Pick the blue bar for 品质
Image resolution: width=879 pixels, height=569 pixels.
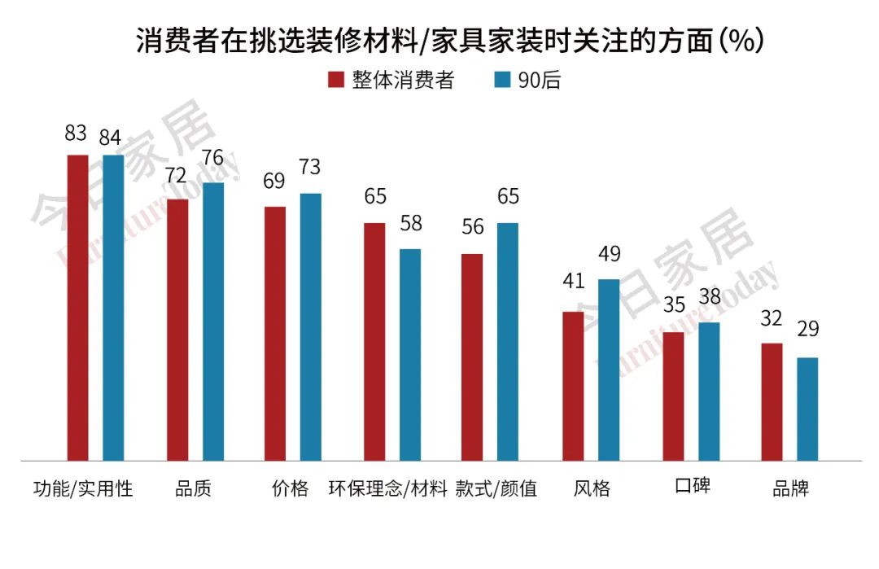coord(213,322)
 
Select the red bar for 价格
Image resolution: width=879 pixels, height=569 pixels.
coord(275,334)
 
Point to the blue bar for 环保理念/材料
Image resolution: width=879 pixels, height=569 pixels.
coord(410,355)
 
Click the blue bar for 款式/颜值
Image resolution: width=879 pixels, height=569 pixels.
coord(508,342)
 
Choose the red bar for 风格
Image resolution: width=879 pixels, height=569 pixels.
coord(573,387)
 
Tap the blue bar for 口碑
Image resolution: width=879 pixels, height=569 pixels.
coord(709,392)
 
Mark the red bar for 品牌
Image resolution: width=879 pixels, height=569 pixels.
coord(772,402)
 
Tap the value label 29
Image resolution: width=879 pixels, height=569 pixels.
coord(807,330)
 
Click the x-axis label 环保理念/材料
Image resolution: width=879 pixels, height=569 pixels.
coord(388,488)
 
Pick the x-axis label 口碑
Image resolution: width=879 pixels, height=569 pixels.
coord(693,487)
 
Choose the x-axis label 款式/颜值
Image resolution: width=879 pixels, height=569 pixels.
coord(496,488)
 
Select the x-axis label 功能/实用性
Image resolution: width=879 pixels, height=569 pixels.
coord(82,488)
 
